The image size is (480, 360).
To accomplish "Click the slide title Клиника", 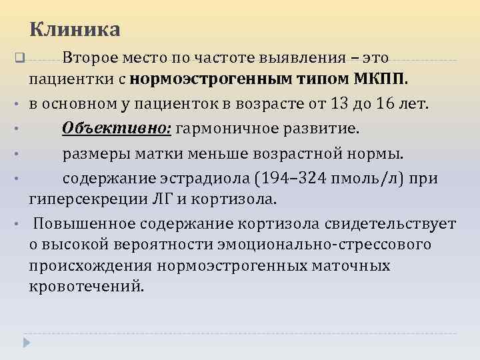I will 75,30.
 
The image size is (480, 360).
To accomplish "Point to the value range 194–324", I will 300,178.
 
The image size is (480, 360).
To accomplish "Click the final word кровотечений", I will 86,287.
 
